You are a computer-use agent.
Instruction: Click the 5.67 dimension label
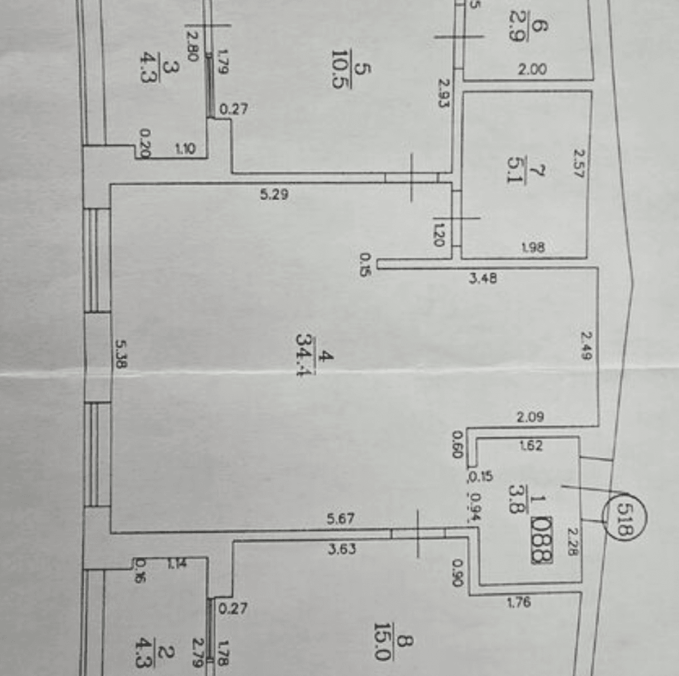click(341, 518)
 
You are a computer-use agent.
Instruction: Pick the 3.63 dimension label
click(342, 548)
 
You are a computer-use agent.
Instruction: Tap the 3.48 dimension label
click(483, 277)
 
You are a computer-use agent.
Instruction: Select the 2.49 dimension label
click(586, 345)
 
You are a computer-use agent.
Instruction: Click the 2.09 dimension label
click(530, 417)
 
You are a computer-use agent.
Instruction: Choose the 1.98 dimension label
click(532, 247)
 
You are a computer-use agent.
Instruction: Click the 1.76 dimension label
click(518, 602)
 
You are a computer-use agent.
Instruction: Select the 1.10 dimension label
click(185, 148)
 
